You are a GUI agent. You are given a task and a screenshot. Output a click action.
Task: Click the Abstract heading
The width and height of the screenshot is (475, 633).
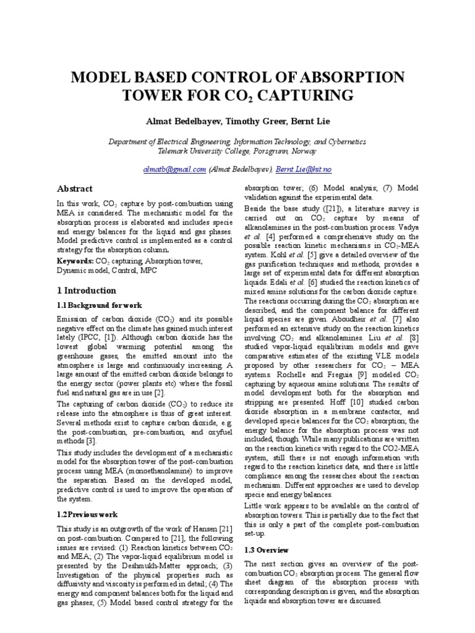[75, 189]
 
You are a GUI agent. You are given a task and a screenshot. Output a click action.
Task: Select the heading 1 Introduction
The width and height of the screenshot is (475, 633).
[86, 291]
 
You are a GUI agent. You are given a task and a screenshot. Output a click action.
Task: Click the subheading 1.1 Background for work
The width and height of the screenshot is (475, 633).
[100, 305]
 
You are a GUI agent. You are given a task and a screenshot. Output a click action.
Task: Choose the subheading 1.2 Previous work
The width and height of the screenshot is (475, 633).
[87, 514]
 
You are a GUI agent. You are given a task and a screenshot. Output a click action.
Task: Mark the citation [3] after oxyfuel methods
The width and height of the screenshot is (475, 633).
[92, 440]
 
